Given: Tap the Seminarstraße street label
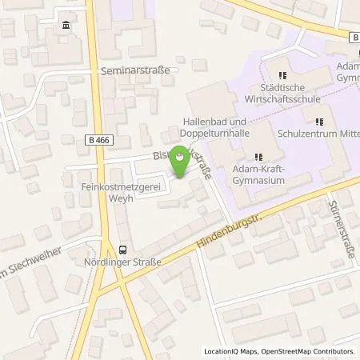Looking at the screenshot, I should pos(136,70).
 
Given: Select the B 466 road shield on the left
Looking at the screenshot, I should pos(95,139).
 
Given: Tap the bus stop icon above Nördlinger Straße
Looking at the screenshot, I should pos(122,249).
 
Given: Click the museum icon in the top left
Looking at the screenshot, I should pos(63,29).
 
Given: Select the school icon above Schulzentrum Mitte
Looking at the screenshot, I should pos(318,122).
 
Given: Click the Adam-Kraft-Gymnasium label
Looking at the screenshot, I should pos(256,174).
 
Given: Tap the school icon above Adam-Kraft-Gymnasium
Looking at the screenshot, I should pos(257,157).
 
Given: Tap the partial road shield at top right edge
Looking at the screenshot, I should pos(354,37).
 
